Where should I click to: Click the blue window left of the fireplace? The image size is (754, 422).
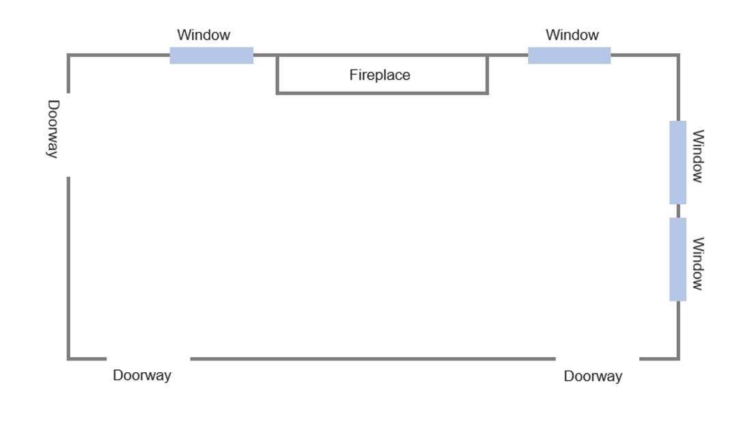[x=212, y=55]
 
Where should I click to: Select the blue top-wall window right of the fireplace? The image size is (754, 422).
[x=570, y=55]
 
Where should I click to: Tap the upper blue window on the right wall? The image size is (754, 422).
[x=678, y=163]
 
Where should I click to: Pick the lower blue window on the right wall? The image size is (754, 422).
[x=678, y=259]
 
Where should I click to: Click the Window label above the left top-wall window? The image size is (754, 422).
[x=204, y=35]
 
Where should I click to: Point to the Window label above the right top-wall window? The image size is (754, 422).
[x=572, y=35]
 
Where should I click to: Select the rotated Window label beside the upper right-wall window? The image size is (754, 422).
[x=698, y=156]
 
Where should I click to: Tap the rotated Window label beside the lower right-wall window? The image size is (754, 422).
[x=698, y=264]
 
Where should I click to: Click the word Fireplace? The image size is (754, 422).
[x=380, y=75]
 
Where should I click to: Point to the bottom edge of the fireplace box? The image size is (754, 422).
[x=382, y=94]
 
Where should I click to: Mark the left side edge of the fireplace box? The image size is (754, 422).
[x=277, y=74]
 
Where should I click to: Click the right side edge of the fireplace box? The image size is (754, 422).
[x=487, y=74]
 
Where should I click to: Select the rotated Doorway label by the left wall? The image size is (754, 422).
[x=53, y=129]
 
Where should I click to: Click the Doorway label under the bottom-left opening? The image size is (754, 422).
[x=142, y=376]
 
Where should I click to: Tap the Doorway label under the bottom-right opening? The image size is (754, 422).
[x=593, y=376]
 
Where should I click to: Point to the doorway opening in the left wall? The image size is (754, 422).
[x=68, y=135]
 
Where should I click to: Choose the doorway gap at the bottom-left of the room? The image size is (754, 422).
[x=149, y=358]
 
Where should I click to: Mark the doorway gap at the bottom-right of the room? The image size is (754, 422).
[x=598, y=358]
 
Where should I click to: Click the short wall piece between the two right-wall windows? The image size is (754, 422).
[x=678, y=211]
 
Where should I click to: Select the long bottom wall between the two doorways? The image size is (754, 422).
[x=373, y=358]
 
